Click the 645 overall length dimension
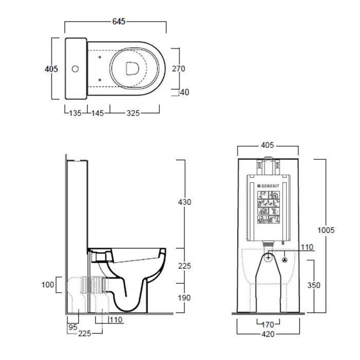coord(119,21)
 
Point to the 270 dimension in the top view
coord(178,68)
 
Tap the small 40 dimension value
coord(185,93)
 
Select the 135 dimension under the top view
coord(75,113)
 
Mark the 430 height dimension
coord(184,203)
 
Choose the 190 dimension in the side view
coord(184,298)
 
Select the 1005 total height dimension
coord(326,230)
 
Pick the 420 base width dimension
coord(267,334)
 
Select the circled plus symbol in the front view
coord(267,258)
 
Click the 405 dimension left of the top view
coord(51,68)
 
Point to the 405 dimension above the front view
coord(267,146)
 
